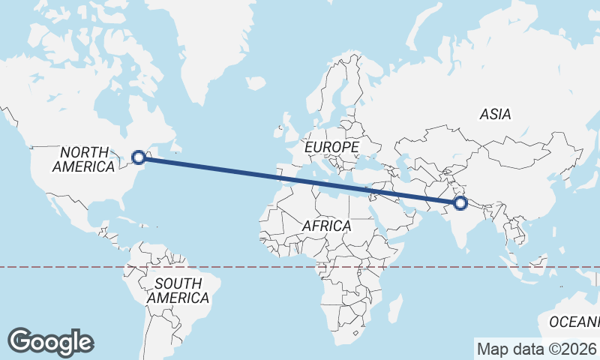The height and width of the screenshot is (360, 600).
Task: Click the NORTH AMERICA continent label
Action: [83, 159]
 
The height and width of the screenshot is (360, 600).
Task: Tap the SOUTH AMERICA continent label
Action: [178, 291]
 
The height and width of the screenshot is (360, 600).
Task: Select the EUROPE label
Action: [332, 147]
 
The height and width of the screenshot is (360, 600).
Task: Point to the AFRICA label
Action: [326, 226]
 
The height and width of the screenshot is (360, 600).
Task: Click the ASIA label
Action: [496, 115]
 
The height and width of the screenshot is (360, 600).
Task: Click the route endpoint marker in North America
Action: [139, 157]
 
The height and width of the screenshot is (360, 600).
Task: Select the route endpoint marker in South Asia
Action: [460, 202]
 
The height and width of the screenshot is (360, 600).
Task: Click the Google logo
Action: [50, 342]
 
